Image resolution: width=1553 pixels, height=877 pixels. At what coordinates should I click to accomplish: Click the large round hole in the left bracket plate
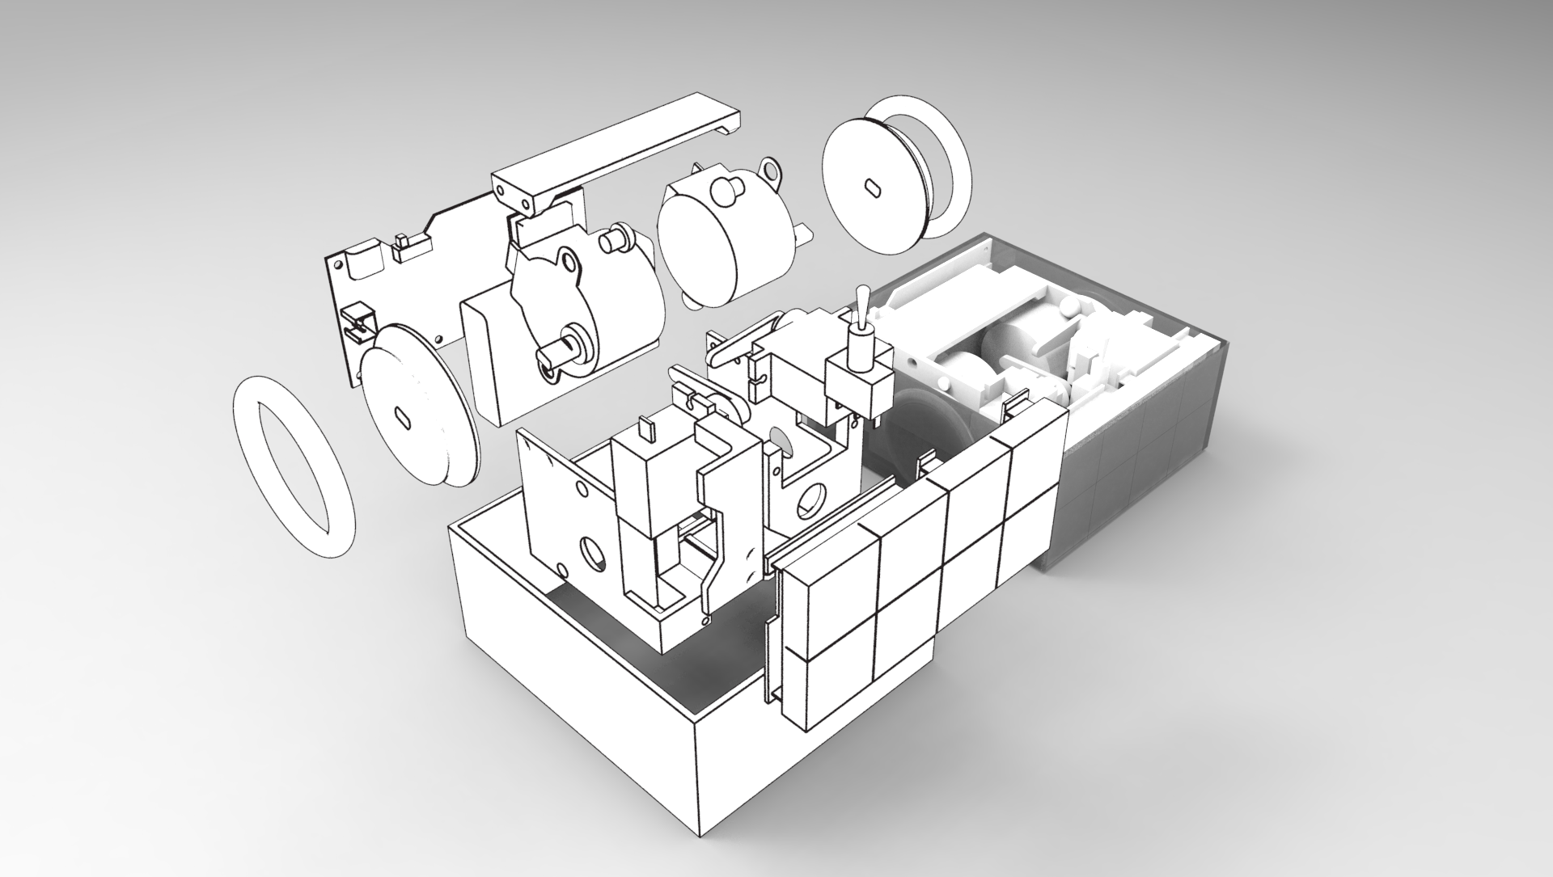594,552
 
